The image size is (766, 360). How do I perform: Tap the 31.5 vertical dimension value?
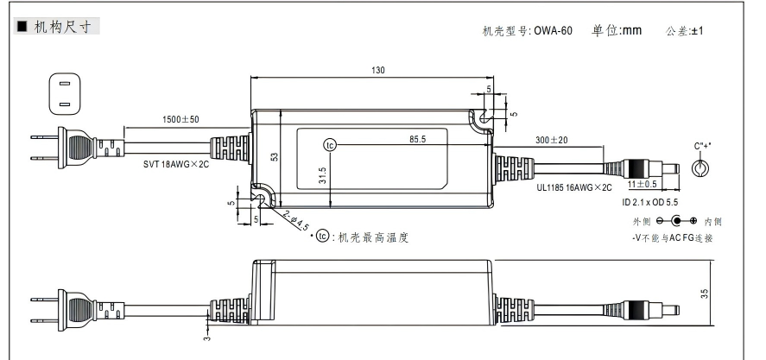tap(321, 176)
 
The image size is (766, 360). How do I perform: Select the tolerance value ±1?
tap(697, 31)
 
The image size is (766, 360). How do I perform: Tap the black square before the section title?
tap(23, 27)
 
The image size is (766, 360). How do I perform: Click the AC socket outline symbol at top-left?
tap(61, 95)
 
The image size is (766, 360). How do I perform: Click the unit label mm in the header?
tap(632, 30)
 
